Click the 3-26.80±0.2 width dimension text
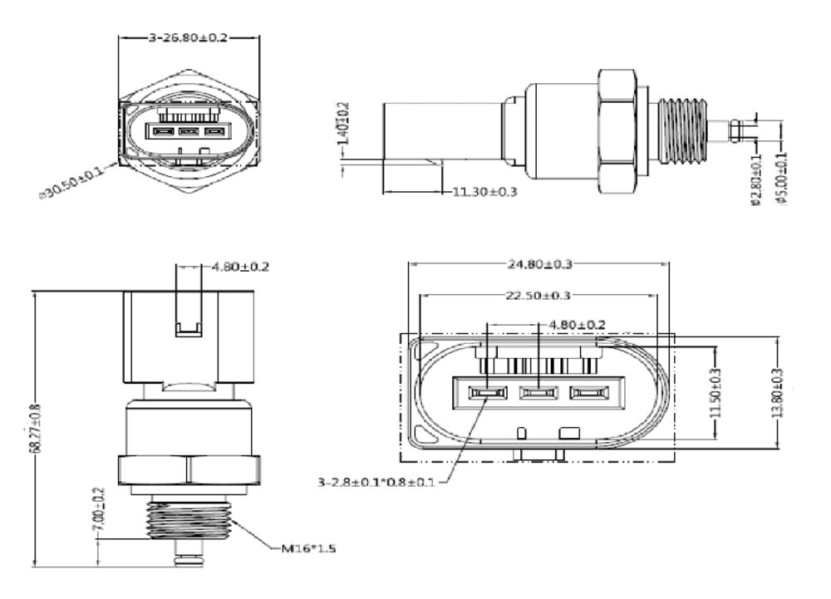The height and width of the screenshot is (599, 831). point(189,37)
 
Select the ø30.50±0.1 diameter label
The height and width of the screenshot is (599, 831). point(72,182)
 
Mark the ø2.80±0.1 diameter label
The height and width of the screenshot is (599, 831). point(755,178)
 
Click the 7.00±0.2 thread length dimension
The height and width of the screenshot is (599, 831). point(99,506)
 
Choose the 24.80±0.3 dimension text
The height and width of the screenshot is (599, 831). point(540,264)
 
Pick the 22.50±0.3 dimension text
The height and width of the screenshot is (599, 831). point(539,296)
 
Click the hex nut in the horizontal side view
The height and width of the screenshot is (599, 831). point(620,129)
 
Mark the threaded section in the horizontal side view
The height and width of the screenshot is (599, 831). point(686,129)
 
